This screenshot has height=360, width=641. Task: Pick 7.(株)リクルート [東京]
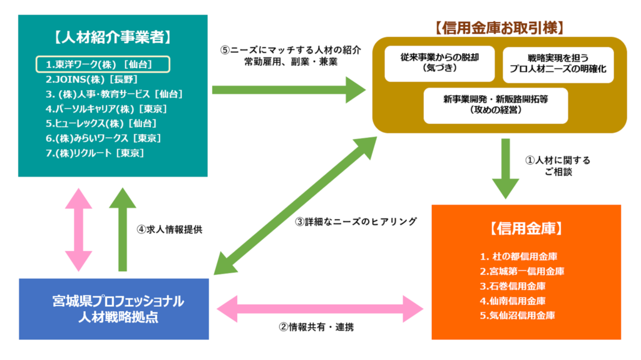(x=95, y=153)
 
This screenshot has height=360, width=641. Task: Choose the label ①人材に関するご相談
(x=557, y=165)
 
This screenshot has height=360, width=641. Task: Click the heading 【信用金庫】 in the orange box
(x=525, y=229)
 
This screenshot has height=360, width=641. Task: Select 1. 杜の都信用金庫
(x=519, y=257)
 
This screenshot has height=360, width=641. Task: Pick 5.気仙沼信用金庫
(x=518, y=316)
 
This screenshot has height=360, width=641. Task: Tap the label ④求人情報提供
(x=169, y=229)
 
